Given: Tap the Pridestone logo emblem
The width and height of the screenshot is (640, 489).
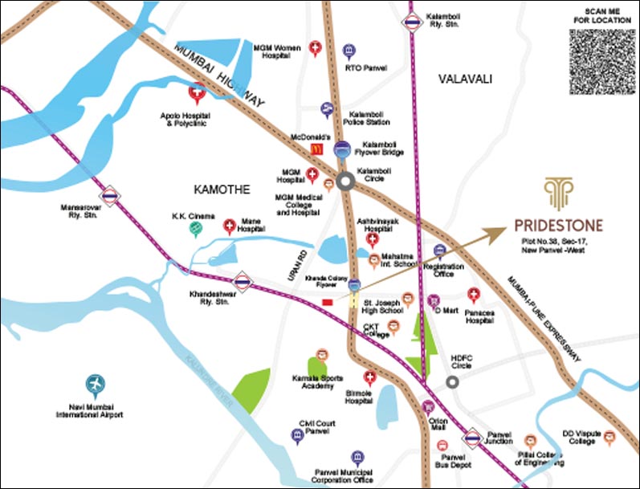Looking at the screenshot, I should pos(556,193).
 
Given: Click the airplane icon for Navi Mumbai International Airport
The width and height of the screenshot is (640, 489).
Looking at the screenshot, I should pos(96,386).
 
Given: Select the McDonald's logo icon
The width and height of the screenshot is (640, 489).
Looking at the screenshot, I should pos(318,148).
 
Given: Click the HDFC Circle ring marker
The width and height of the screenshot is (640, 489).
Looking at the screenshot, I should pos(453,381).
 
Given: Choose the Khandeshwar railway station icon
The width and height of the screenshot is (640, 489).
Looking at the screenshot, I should pos(242,282).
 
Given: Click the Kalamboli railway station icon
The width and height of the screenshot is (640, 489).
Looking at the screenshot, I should pos(413,22).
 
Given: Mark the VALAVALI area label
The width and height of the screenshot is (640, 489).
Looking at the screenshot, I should pos(464,78).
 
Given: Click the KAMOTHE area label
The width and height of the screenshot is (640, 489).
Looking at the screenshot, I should pos(222,189).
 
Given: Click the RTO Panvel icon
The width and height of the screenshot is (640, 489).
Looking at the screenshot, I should pos(348,51).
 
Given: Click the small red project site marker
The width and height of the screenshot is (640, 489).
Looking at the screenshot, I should pos(327,302).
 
